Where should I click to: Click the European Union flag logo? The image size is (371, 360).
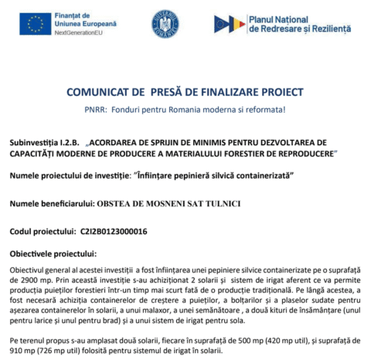coord(34,24)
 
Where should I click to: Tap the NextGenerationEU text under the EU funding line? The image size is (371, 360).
coord(79,35)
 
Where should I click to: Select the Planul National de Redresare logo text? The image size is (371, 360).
coord(298,23)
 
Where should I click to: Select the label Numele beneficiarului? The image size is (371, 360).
coord(51,203)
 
